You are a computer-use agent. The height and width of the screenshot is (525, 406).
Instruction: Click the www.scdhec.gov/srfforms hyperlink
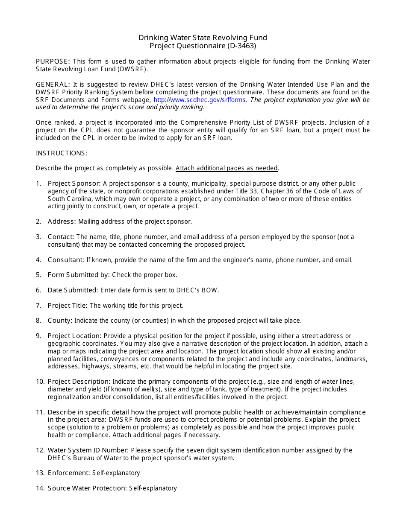pos(200,100)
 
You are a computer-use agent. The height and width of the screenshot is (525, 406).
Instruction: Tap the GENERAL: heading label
pos(53,85)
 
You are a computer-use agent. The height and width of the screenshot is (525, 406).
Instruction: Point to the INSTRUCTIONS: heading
pos(62,153)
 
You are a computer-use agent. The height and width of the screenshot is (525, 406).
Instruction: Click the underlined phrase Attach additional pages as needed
pos(227,168)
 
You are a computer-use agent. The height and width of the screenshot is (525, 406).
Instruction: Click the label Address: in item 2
pos(62,222)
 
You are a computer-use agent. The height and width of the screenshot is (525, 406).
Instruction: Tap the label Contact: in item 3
pos(61,237)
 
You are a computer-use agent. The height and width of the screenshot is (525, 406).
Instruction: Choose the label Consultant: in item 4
pos(66,260)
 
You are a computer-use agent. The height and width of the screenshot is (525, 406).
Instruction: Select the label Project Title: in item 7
pos(68,306)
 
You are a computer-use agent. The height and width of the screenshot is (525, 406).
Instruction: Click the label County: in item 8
pos(60,321)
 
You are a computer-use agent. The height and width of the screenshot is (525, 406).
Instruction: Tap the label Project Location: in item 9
pos(74,336)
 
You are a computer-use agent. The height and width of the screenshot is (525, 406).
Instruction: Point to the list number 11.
pos(40,412)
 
